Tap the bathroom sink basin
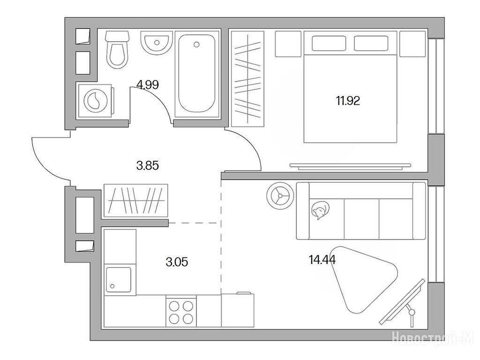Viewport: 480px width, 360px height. [x=155, y=42]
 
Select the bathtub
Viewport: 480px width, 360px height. [x=196, y=74]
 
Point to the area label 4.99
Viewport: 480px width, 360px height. [x=148, y=85]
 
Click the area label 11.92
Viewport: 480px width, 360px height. [x=348, y=101]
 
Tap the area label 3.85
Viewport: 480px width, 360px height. [x=148, y=166]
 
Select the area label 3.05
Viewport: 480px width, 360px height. [x=177, y=262]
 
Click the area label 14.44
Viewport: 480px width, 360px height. [x=322, y=260]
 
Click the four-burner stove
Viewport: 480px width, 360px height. [x=181, y=311]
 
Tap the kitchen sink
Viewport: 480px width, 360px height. [x=119, y=279]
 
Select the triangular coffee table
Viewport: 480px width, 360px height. [x=363, y=278]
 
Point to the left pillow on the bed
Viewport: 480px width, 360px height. [x=329, y=43]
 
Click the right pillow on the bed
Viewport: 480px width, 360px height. [x=371, y=43]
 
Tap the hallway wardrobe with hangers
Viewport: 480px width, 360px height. [x=136, y=200]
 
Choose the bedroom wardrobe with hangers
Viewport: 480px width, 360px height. [x=247, y=79]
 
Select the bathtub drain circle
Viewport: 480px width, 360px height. [x=196, y=45]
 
